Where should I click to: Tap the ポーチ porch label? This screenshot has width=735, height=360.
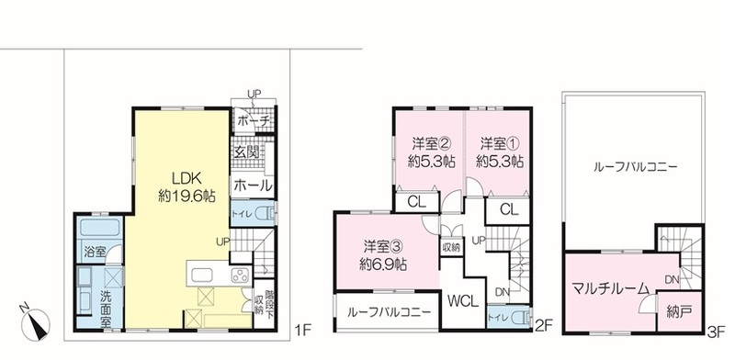click(253, 120)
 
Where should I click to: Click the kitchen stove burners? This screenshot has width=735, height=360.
click(240, 274)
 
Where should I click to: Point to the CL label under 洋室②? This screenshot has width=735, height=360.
click(416, 202)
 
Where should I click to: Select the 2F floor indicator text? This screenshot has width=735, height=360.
click(543, 324)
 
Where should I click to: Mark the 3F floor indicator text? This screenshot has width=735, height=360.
click(718, 324)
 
